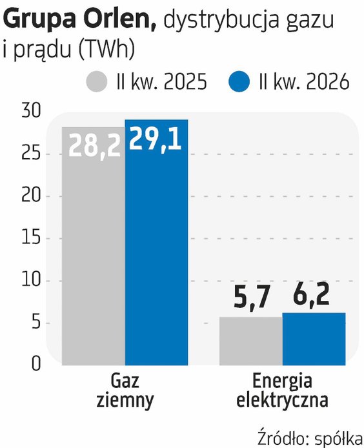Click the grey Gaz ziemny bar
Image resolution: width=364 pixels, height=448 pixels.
(94, 246)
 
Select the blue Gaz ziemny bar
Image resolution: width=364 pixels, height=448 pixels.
(157, 242)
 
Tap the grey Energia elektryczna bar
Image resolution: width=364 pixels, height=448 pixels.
(251, 341)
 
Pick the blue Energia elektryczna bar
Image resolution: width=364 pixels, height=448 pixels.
(314, 339)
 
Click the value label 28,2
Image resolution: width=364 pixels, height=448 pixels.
(94, 146)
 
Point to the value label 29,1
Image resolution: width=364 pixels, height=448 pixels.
(156, 139)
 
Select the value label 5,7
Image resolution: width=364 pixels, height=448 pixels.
(252, 296)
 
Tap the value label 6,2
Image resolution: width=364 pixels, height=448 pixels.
(312, 294)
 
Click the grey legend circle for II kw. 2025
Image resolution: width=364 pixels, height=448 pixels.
(97, 82)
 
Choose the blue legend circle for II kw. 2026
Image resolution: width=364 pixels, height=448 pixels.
(239, 82)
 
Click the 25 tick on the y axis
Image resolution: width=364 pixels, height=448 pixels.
(32, 154)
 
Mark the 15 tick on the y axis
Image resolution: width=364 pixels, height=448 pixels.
(32, 239)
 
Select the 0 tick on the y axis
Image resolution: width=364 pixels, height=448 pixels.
(36, 363)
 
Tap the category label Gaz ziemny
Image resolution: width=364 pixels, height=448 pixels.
(125, 391)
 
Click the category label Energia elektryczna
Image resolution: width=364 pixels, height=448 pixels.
(282, 391)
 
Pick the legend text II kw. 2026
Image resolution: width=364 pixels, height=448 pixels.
(304, 82)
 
